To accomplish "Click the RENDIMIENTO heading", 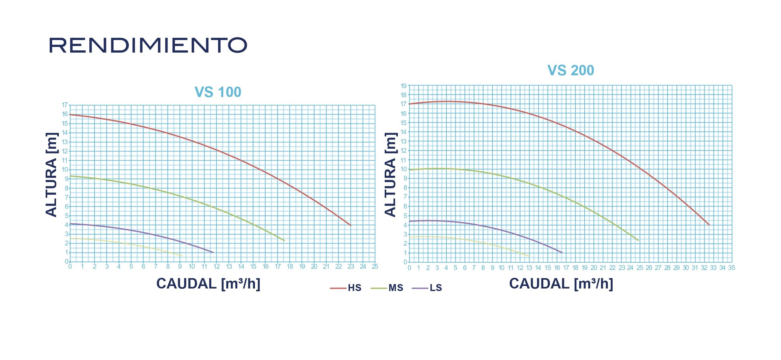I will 148,45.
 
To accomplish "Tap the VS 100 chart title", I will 218,92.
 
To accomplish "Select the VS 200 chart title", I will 570,70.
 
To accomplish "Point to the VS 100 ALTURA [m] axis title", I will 52,175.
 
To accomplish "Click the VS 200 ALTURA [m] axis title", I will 390,175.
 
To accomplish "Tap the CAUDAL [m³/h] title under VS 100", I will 208,283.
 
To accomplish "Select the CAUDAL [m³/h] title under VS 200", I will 561,283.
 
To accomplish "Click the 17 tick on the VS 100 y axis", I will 65,105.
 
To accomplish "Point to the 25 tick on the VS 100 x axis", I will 375,266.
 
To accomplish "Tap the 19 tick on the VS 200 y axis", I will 404,86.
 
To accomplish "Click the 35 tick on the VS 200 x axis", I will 732,268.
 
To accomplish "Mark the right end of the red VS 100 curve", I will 350,225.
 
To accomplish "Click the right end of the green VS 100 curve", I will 284,241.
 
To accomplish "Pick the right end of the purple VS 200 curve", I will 562,253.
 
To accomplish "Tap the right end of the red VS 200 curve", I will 709,225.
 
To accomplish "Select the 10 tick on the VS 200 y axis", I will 404,169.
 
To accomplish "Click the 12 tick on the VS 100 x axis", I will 217,266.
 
